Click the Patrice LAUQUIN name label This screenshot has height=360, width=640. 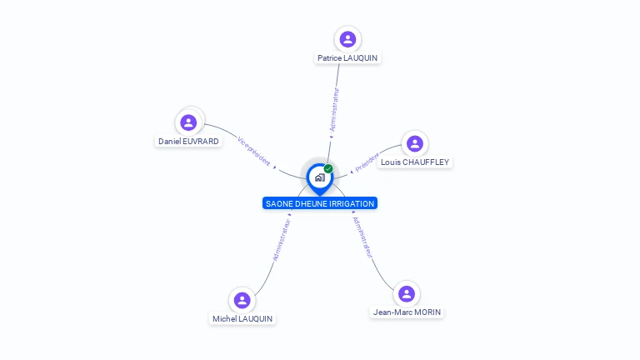[348, 58]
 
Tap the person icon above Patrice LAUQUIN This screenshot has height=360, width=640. [347, 39]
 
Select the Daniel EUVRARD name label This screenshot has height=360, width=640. [189, 142]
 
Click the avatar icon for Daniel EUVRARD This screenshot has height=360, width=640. [189, 122]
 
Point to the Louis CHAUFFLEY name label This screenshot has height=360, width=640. [415, 162]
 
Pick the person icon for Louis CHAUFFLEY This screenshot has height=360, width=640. [414, 143]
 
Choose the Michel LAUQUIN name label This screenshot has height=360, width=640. [242, 319]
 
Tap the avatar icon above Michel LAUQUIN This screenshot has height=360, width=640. [242, 300]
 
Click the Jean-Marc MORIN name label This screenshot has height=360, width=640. [407, 312]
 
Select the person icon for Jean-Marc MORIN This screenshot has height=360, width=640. [407, 293]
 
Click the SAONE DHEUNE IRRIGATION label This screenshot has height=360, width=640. [320, 203]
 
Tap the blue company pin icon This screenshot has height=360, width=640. [319, 177]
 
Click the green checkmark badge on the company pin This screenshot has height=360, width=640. [328, 169]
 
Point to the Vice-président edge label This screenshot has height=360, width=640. [254, 151]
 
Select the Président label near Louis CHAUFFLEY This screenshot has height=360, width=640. [367, 162]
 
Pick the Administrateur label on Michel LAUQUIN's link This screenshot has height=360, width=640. [282, 240]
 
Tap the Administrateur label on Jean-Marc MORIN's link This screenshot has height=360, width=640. [362, 237]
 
